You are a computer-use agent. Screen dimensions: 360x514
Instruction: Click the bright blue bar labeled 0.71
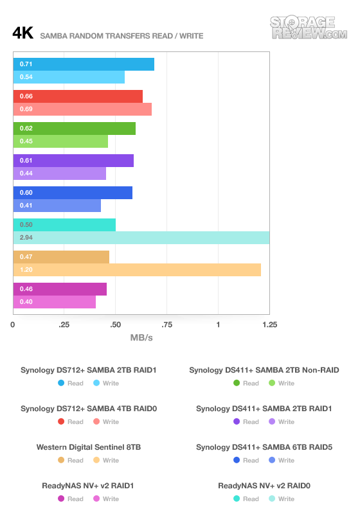[x=84, y=64]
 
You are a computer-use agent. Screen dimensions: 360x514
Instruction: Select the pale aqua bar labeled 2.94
[x=141, y=238]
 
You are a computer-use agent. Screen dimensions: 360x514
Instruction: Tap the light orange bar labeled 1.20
[x=137, y=270]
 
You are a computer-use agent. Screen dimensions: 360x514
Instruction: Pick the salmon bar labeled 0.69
[x=82, y=109]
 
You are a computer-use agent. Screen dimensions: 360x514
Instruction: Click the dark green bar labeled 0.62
[x=75, y=128]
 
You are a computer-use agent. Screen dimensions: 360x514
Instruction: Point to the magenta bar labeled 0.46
[x=60, y=289]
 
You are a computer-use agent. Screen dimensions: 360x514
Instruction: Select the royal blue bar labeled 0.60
[x=73, y=193]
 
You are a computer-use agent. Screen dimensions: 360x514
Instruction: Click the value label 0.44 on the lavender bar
[x=26, y=173]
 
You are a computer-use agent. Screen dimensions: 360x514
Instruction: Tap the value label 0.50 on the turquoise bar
[x=26, y=225]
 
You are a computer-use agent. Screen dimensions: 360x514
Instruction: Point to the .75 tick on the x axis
[x=166, y=325]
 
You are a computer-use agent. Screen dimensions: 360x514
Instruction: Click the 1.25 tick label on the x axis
[x=269, y=325]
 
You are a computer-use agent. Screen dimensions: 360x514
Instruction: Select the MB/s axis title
[x=141, y=338]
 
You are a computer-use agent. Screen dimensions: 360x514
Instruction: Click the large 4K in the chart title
[x=23, y=33]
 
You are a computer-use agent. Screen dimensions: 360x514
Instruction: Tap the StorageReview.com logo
[x=309, y=28]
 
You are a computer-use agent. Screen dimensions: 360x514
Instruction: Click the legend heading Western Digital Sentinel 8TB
[x=89, y=447]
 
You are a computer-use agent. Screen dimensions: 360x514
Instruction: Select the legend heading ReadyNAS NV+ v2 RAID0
[x=264, y=486]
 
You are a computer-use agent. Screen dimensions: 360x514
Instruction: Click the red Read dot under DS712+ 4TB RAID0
[x=61, y=421]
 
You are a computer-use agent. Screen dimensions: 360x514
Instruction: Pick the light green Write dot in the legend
[x=272, y=383]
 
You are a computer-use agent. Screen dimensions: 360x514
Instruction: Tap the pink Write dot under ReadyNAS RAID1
[x=96, y=499]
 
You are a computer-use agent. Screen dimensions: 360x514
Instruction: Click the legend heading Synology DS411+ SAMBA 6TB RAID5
[x=264, y=447]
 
